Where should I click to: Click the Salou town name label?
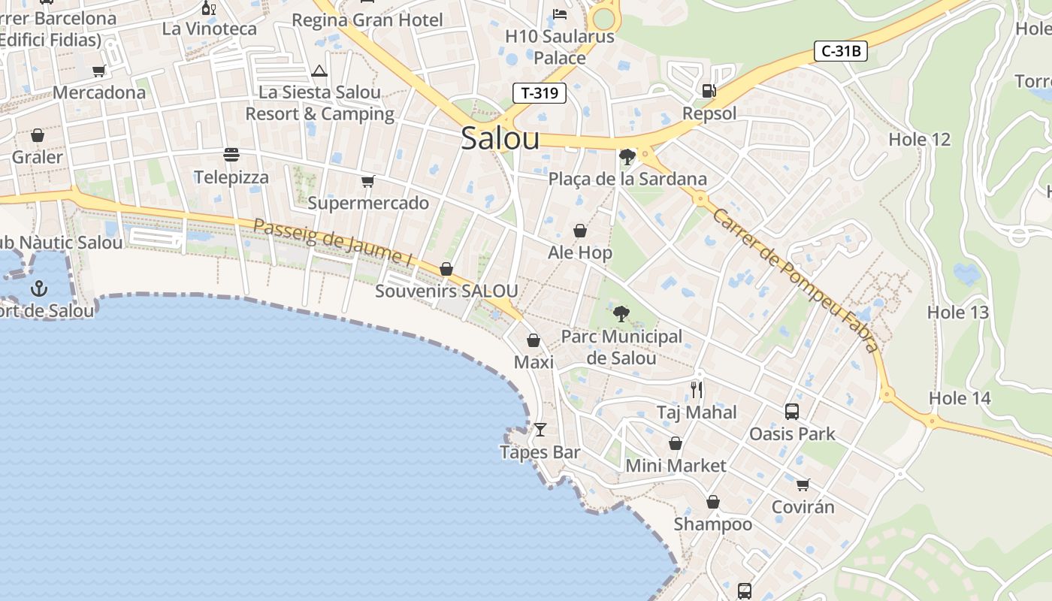(x=500, y=138)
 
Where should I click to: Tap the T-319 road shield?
(x=539, y=93)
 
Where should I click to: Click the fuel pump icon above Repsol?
(x=708, y=91)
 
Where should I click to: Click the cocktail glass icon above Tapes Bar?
(x=540, y=430)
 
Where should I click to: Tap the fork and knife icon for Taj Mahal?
(x=697, y=389)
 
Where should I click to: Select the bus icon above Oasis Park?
(x=792, y=411)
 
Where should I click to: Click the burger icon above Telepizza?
(x=231, y=155)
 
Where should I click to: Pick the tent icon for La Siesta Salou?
(x=319, y=71)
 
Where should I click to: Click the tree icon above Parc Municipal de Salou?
(x=621, y=313)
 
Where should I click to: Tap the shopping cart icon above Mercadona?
(x=98, y=71)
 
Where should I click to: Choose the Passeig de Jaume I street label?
(x=333, y=242)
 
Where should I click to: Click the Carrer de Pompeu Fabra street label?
(x=794, y=279)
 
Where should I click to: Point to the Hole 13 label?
(x=957, y=312)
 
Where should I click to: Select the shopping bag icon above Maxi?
(x=534, y=340)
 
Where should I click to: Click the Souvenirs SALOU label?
(x=446, y=291)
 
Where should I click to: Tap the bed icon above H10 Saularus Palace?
(x=560, y=14)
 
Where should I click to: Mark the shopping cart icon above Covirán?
(x=803, y=485)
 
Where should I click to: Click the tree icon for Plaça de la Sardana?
(x=627, y=156)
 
